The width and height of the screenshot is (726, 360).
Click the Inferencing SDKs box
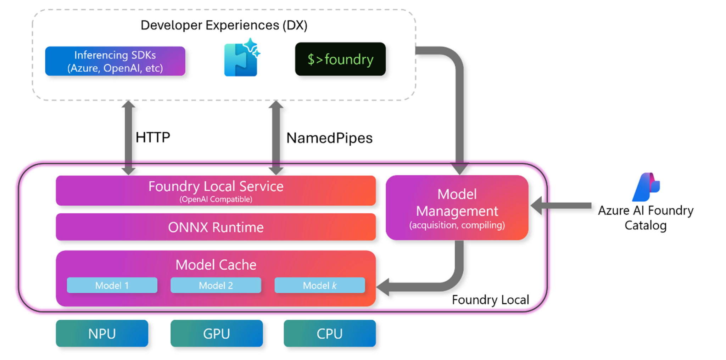coord(115,61)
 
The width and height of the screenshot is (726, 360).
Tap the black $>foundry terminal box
coord(340,59)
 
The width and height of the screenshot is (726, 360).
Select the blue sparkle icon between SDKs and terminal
coord(241,58)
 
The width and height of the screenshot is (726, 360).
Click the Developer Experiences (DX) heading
coord(224,25)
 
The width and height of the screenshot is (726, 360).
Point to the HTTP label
coord(153,137)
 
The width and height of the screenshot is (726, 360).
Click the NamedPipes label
coord(329,138)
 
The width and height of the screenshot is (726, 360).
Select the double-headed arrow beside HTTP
coord(128,137)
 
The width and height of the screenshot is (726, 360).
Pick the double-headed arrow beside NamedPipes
coord(276,137)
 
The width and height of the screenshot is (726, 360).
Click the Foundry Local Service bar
coord(216,191)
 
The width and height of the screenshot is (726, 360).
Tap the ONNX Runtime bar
coord(216,227)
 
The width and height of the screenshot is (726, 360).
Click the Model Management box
coord(457,208)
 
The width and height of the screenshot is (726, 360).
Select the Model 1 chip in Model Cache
coord(112,285)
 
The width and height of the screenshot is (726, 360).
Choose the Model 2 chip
coord(216,285)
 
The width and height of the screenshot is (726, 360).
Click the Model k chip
coord(319,285)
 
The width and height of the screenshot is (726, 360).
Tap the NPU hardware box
coord(102,333)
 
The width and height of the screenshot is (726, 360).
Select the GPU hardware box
coord(216,333)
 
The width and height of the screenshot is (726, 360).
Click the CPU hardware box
coord(329,333)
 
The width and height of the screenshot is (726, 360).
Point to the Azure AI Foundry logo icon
coord(646,187)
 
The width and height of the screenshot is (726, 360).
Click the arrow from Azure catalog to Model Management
coord(564,206)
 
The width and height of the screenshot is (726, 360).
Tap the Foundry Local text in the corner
coord(490,300)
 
